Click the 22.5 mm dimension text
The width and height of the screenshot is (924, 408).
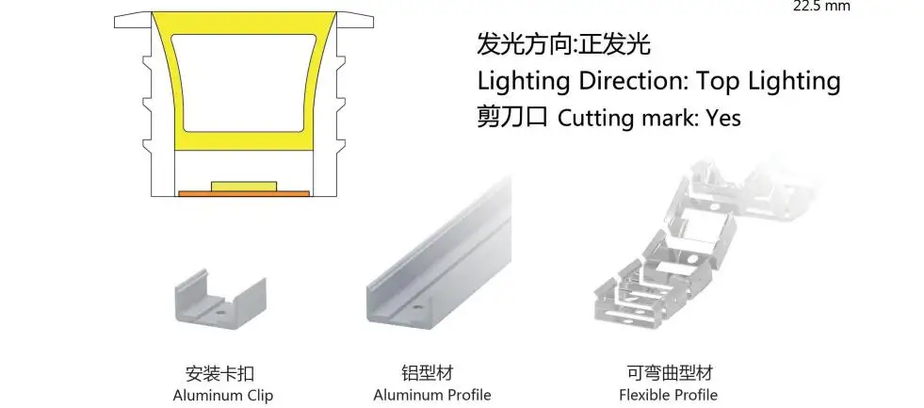pyautogui.click(x=821, y=6)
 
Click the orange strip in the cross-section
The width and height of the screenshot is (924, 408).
pyautogui.click(x=244, y=194)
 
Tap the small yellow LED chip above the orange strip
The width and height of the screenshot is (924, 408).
pyautogui.click(x=244, y=186)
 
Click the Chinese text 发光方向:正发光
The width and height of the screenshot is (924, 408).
pyautogui.click(x=564, y=44)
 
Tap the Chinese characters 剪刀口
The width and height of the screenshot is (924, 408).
pyautogui.click(x=512, y=118)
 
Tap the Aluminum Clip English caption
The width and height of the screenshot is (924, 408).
pyautogui.click(x=223, y=395)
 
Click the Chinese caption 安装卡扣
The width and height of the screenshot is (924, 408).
pyautogui.click(x=222, y=373)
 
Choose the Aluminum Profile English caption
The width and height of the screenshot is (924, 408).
pyautogui.click(x=432, y=395)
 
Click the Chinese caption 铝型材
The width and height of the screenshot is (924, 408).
pyautogui.click(x=433, y=373)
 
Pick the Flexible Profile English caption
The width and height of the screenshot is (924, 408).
pyautogui.click(x=668, y=395)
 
